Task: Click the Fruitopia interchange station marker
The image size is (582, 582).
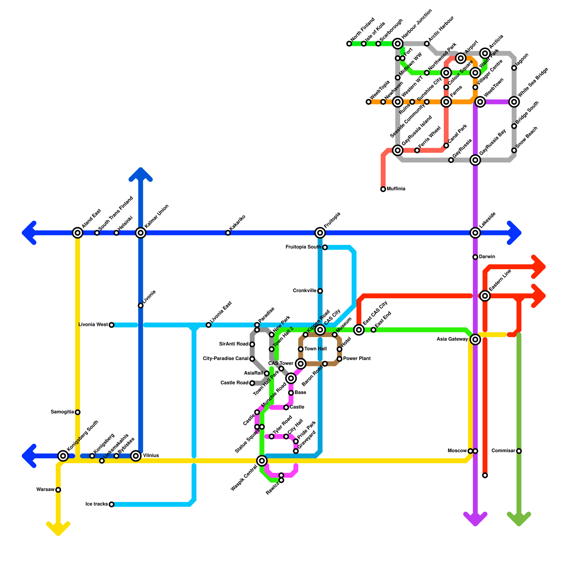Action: (x=320, y=233)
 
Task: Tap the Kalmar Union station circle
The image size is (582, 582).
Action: (x=141, y=233)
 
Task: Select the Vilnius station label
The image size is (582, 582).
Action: (x=151, y=455)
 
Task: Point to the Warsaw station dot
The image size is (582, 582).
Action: (x=58, y=490)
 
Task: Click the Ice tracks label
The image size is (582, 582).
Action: (x=96, y=504)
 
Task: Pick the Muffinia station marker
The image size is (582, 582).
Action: (x=383, y=189)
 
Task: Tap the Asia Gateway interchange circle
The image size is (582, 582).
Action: (x=475, y=339)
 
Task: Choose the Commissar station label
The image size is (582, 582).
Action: (x=503, y=451)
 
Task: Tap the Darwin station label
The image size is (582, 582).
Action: (x=487, y=257)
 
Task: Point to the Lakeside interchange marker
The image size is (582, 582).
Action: (x=475, y=233)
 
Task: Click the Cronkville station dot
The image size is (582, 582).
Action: (x=320, y=291)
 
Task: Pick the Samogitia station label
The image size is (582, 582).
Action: (x=62, y=412)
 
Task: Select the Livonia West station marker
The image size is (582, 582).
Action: (x=111, y=325)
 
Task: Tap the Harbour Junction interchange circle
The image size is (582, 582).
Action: (x=398, y=44)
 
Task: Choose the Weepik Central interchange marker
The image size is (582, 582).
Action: (x=262, y=461)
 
